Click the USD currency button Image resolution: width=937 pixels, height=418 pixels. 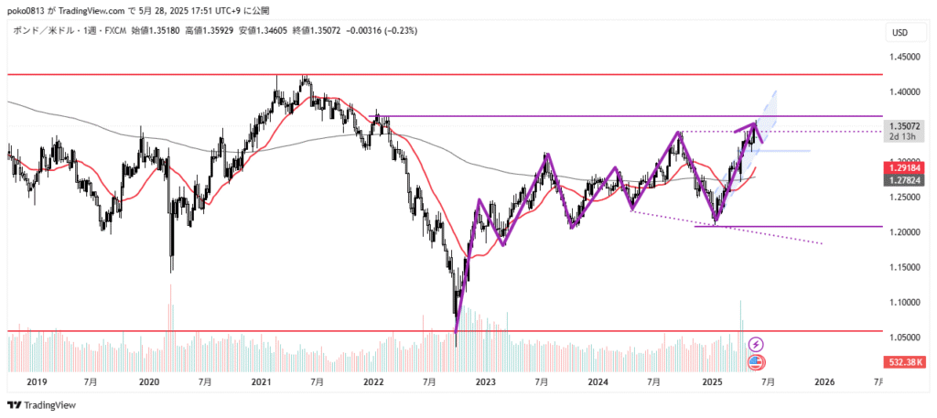coord(900,33)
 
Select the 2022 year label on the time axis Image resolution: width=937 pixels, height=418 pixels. coord(372,381)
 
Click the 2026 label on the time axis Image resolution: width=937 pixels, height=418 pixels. coord(824,381)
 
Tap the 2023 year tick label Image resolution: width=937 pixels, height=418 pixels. coord(485,381)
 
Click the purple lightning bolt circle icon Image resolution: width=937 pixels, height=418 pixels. coord(757,344)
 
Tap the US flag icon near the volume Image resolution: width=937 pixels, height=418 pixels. coord(757,362)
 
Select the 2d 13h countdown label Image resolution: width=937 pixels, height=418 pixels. coord(901,136)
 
